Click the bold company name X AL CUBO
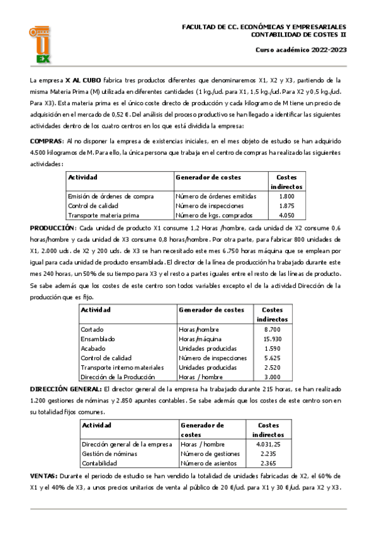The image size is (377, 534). (83, 80)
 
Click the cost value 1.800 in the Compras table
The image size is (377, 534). (286, 196)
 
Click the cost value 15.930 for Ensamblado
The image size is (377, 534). (273, 339)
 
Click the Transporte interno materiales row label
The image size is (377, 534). (122, 367)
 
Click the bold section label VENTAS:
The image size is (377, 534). (43, 477)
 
